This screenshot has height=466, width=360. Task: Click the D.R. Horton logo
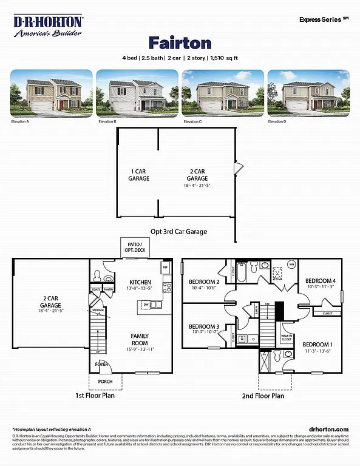tap(49, 25)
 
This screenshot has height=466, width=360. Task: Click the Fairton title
tap(180, 43)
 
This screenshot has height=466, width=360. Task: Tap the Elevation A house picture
tap(52, 93)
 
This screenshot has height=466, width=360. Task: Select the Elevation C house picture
tap(223, 93)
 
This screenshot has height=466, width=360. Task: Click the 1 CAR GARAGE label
tap(138, 175)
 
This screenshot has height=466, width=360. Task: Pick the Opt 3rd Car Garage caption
tap(179, 231)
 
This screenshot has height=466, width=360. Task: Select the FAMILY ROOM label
tap(140, 340)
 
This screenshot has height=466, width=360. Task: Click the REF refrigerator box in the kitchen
tap(165, 267)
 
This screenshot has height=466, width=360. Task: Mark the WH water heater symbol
tap(291, 265)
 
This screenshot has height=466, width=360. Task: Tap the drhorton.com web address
tap(328, 428)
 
